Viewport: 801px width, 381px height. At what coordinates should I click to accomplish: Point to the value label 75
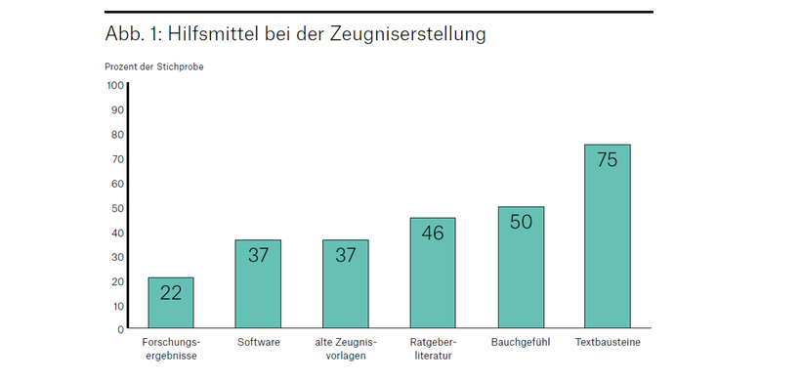[607, 160]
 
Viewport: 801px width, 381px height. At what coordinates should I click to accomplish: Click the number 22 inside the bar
[171, 292]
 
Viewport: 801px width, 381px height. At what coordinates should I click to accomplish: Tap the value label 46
[433, 233]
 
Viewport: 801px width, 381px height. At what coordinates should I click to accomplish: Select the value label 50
[521, 222]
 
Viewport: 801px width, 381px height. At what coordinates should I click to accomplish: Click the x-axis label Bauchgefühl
[521, 343]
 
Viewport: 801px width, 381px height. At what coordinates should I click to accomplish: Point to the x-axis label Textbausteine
[607, 343]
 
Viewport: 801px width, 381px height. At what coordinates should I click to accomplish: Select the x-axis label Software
[258, 343]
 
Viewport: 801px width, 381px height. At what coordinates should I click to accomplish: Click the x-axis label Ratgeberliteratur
[433, 349]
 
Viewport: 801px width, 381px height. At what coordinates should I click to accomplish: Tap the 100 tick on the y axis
[115, 86]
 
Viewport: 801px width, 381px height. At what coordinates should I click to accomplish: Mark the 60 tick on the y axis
[117, 184]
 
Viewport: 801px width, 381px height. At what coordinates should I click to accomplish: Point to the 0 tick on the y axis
[120, 329]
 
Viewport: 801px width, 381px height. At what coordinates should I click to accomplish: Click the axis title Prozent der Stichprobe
[153, 66]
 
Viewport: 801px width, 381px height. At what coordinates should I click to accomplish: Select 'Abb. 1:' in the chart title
[133, 34]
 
